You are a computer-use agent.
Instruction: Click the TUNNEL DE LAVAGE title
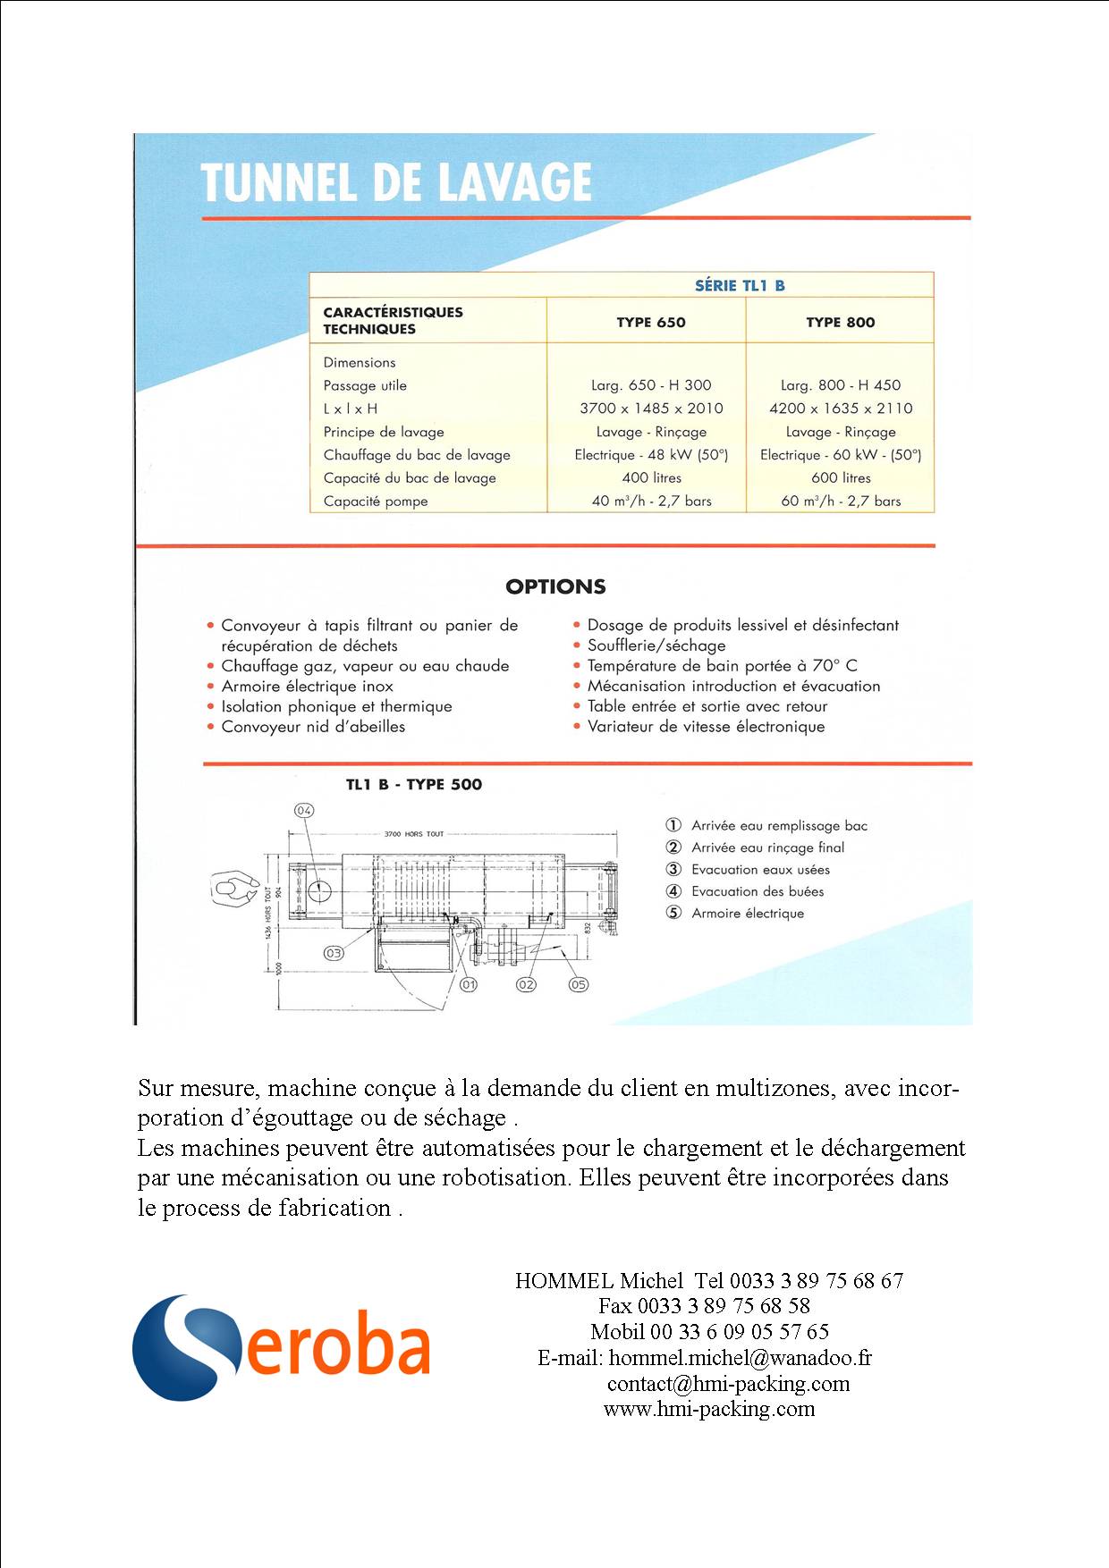point(396,182)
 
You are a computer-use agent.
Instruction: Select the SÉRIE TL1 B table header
point(740,285)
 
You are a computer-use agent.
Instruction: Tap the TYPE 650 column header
point(650,322)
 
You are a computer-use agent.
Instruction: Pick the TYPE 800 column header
point(840,322)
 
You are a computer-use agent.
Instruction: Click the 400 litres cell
point(651,477)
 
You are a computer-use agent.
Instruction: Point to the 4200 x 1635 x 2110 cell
point(841,408)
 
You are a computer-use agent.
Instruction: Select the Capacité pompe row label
point(376,501)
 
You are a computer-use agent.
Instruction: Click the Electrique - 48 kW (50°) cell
point(651,454)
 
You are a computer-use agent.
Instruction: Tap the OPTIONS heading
point(555,586)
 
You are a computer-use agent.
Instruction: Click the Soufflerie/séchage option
point(656,645)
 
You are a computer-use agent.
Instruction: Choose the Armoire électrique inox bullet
point(307,686)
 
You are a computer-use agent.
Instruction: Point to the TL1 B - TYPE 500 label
point(413,784)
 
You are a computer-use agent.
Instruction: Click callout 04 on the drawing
point(304,810)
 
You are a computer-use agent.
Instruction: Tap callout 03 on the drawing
point(334,953)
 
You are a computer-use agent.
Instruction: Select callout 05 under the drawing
point(579,984)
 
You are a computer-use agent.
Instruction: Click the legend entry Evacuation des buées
point(757,891)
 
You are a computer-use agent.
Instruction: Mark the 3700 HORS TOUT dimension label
point(414,834)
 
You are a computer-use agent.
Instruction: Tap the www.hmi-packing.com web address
point(709,1409)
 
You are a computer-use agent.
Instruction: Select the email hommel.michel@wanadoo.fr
point(740,1358)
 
